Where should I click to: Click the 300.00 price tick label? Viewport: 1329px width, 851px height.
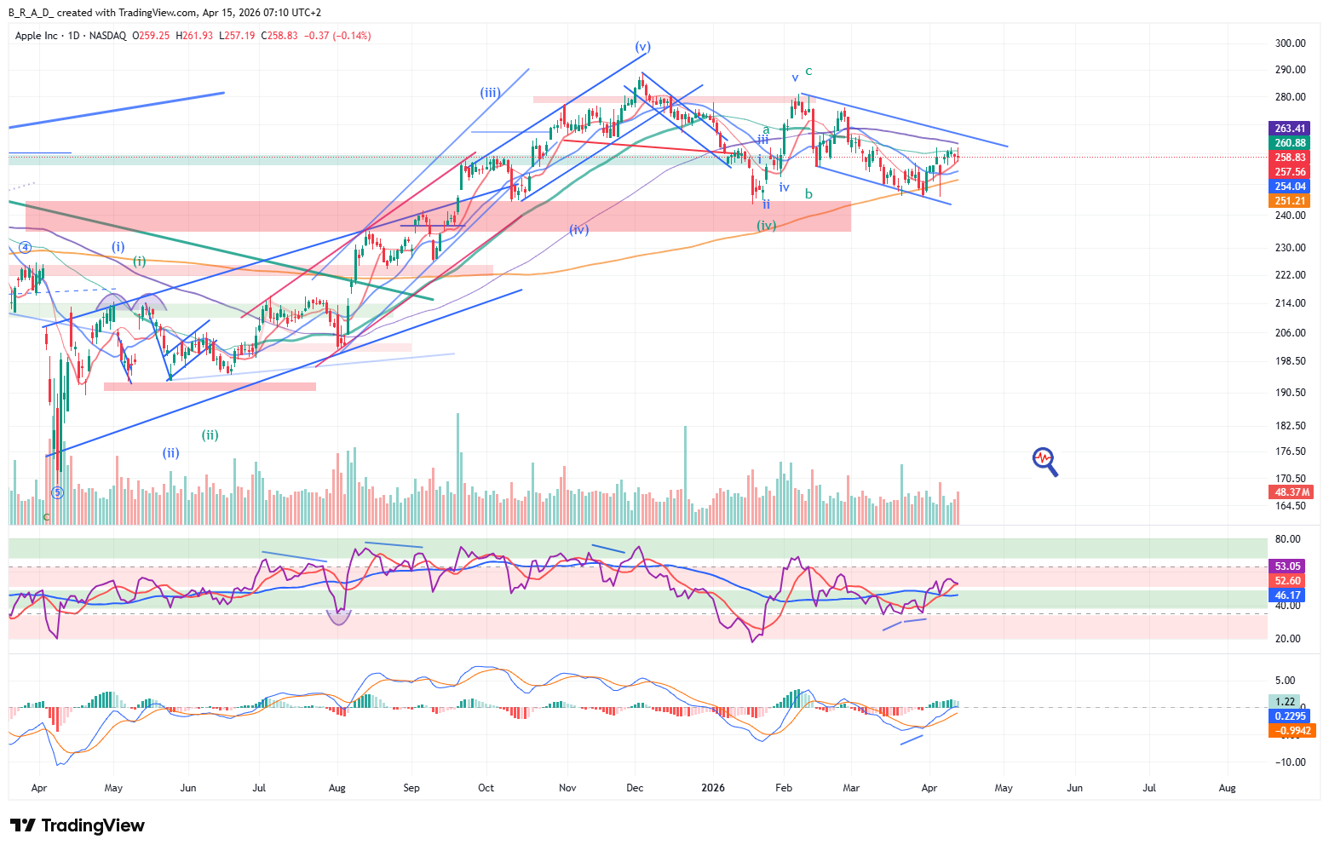tap(1290, 43)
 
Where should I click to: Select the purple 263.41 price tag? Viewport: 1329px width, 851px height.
tap(1290, 129)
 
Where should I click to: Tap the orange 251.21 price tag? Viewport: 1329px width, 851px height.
tap(1290, 201)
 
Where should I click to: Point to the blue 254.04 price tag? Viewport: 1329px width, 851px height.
tap(1290, 187)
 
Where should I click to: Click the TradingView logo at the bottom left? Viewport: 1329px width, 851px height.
tap(78, 825)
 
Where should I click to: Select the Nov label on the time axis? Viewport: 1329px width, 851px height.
tap(567, 788)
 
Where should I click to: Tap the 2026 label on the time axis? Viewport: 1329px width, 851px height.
tap(712, 788)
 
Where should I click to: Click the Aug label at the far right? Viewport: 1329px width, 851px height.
tap(1227, 788)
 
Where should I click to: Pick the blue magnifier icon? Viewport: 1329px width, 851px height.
tap(1045, 461)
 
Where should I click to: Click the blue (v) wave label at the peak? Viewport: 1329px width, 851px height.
tap(642, 47)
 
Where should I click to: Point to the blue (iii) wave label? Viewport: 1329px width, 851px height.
tap(490, 93)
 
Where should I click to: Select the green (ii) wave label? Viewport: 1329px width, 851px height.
tap(210, 435)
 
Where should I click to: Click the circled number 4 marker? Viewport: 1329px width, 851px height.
tap(26, 247)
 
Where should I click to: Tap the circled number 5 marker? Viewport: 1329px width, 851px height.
tap(57, 492)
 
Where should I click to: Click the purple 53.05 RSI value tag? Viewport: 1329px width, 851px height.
tap(1288, 566)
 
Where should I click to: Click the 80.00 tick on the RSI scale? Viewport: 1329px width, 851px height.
tap(1287, 539)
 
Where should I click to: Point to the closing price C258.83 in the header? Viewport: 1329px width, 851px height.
tap(279, 36)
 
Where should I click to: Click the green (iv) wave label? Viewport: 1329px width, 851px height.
tap(767, 226)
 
